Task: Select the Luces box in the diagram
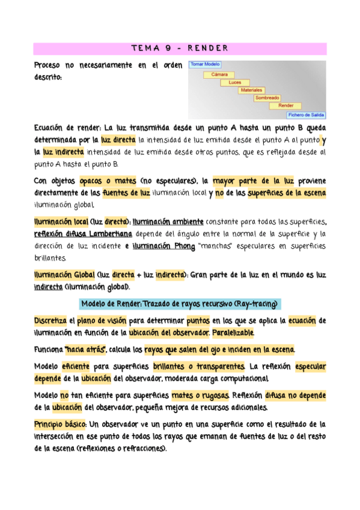click(235, 82)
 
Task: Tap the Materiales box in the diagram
click(252, 90)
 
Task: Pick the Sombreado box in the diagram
click(267, 97)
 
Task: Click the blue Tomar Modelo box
click(205, 64)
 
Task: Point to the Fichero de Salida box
click(306, 114)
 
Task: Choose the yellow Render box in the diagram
click(285, 105)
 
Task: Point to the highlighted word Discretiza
click(50, 321)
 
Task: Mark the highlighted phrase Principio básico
click(61, 424)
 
